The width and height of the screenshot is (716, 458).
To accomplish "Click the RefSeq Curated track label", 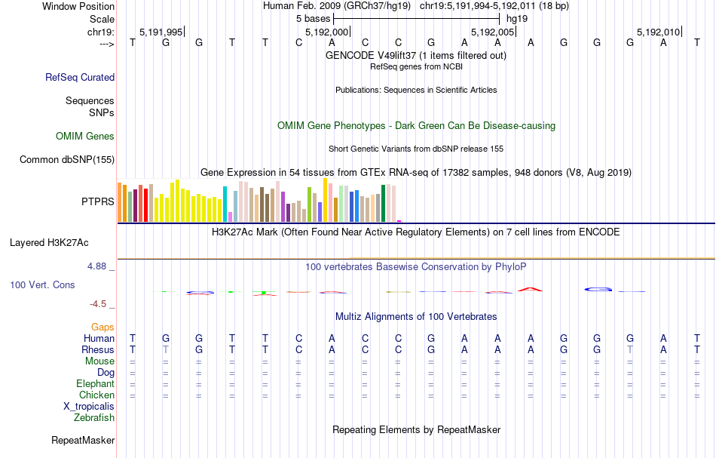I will (x=80, y=77).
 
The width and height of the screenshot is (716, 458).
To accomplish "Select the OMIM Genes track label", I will (x=85, y=137).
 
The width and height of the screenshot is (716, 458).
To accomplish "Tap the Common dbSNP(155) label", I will (x=67, y=159).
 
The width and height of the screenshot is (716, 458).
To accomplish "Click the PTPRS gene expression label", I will (x=98, y=201).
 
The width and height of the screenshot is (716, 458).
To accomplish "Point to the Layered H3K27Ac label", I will (x=49, y=243).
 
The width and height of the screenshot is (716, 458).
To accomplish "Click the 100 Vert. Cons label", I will (x=42, y=285).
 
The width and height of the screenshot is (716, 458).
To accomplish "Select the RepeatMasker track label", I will (x=83, y=441).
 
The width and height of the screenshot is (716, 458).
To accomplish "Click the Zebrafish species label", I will (x=94, y=417).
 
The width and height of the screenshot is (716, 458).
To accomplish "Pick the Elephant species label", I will (x=95, y=384).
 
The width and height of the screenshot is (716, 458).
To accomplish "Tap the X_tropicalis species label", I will (x=89, y=406).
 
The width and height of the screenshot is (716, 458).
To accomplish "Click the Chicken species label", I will (x=97, y=395).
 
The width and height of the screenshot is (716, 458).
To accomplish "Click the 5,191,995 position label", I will (x=161, y=32).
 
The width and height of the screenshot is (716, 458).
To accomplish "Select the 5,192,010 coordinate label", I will (x=658, y=32).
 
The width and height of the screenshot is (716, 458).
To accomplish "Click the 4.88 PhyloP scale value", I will (x=99, y=266).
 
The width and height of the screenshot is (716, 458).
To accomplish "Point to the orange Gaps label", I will (x=103, y=327).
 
